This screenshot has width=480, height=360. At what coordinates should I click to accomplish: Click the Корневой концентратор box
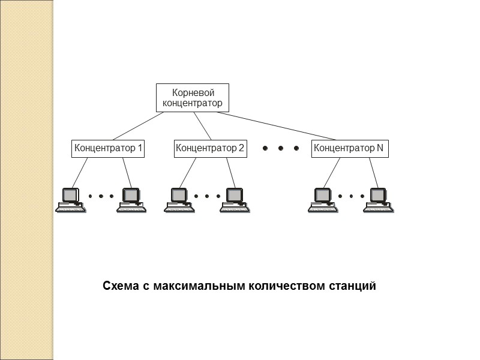click(192, 98)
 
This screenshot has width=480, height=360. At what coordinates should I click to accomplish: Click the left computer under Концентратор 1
click(71, 199)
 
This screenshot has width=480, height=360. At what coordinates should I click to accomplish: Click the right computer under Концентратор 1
click(131, 199)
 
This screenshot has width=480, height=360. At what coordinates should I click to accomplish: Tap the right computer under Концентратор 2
click(233, 199)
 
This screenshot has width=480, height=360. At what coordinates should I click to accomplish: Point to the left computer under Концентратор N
click(323, 199)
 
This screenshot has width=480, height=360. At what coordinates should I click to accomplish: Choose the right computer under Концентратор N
click(378, 199)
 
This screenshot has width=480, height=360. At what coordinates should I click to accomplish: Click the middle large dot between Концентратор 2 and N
click(280, 148)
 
